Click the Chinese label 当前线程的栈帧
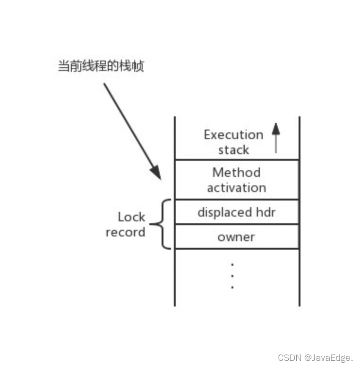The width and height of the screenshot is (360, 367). click(x=101, y=66)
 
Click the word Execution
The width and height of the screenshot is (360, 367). click(x=233, y=135)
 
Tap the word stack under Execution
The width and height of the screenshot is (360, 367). click(x=233, y=150)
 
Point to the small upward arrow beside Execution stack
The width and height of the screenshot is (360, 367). click(x=276, y=137)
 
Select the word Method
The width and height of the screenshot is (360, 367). click(x=236, y=172)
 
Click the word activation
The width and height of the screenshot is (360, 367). click(x=236, y=188)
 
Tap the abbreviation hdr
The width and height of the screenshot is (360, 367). click(x=265, y=212)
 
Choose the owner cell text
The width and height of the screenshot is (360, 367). click(x=236, y=237)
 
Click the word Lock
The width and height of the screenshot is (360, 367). click(x=131, y=217)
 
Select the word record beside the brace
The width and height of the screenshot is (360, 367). click(x=126, y=233)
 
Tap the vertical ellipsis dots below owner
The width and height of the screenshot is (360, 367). click(x=232, y=275)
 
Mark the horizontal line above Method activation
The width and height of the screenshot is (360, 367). click(x=237, y=160)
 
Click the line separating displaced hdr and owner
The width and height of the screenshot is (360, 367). click(x=237, y=224)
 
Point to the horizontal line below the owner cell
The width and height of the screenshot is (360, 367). click(x=237, y=248)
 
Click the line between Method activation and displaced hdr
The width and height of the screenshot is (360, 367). click(x=237, y=200)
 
